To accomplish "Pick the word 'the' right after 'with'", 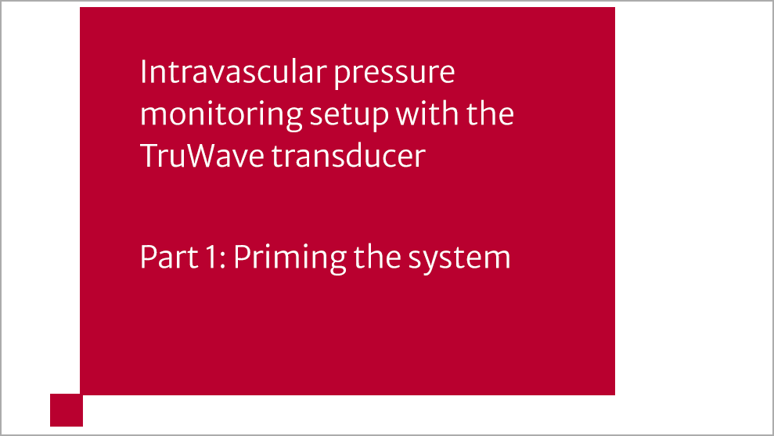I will point(491,114).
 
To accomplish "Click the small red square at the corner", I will point(67,410).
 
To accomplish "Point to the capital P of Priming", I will point(240,257).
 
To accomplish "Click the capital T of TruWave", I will point(149,156).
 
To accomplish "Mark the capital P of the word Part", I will point(146,257).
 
